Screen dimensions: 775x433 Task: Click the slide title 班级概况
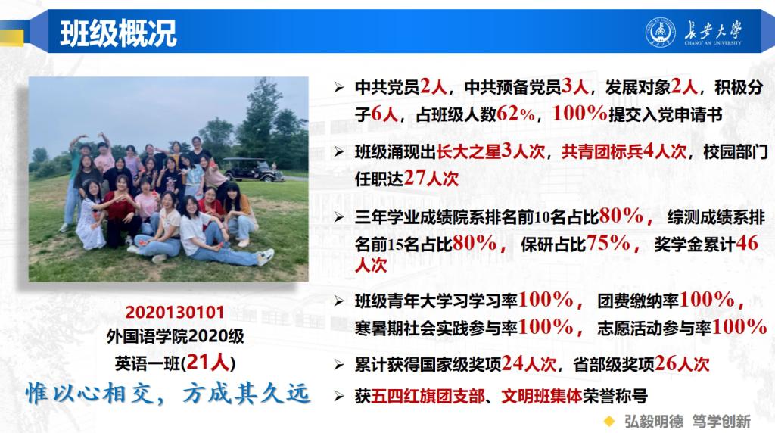coord(118,33)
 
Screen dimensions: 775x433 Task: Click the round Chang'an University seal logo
coord(660,33)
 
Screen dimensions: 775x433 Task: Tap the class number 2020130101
coord(175,313)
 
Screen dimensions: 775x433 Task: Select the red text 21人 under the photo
coord(208,363)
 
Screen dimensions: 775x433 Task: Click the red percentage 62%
coord(516,114)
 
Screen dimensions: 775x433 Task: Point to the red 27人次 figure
coord(431,178)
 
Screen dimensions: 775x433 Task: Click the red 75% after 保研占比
coord(608,243)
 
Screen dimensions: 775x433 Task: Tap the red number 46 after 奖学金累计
coord(747,243)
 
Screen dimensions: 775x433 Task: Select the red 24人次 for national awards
coord(529,364)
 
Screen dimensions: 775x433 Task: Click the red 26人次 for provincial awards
coord(682,364)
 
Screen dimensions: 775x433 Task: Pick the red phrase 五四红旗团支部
coord(428,396)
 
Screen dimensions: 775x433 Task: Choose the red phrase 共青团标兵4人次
coord(624,151)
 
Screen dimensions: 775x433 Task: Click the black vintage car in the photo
coord(253,170)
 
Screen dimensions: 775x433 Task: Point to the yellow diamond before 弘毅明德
coord(610,421)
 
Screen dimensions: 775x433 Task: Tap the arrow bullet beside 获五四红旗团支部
coord(338,396)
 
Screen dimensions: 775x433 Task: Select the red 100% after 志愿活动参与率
coord(739,327)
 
